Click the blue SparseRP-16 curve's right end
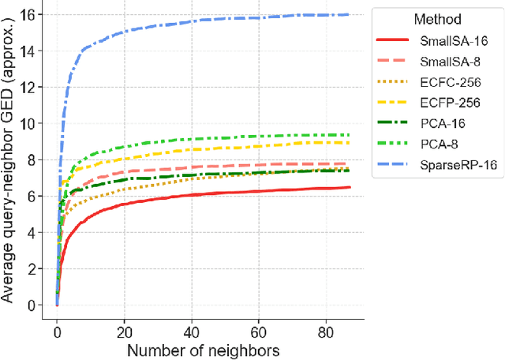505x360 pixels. pos(349,14)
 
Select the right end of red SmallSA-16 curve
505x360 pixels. pos(349,187)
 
